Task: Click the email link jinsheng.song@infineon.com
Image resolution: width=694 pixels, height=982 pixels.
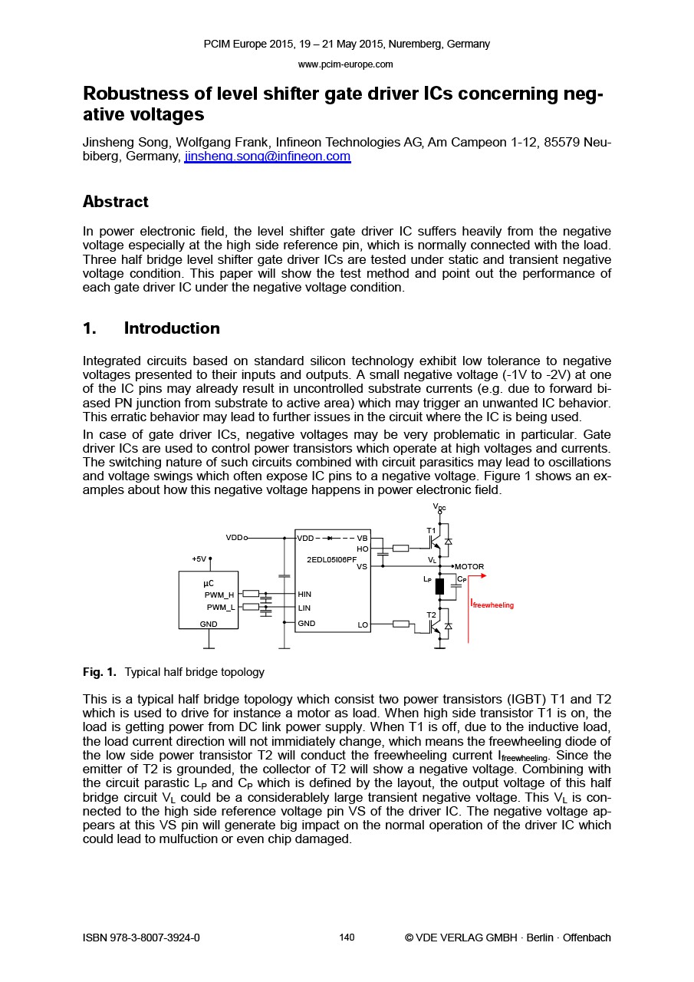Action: pos(267,157)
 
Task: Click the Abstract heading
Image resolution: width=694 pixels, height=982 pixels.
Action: pos(115,202)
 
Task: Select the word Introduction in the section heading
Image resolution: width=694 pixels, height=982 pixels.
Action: pos(172,328)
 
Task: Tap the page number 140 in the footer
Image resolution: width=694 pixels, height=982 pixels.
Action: pos(347,938)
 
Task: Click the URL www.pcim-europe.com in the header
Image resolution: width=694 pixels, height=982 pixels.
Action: pos(345,64)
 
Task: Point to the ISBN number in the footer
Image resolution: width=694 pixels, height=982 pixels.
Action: pos(141,938)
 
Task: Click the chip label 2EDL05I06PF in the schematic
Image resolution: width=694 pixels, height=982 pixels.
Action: pos(331,560)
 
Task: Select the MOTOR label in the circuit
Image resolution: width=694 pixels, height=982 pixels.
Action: pos(469,567)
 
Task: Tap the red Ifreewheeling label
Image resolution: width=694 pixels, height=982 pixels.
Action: pos(492,605)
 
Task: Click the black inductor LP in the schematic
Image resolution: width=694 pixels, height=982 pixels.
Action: pos(439,587)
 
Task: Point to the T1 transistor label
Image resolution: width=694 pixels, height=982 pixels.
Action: pos(431,531)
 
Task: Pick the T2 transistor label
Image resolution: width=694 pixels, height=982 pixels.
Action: pos(431,615)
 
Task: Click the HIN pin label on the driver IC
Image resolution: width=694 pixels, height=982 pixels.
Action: pos(304,595)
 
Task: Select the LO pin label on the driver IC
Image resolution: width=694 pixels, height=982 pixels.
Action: pos(363,625)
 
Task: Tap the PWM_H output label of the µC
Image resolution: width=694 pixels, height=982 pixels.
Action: pos(219,595)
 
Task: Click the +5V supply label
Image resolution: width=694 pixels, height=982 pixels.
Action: pos(199,559)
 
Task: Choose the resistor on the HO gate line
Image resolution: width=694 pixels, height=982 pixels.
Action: pos(400,548)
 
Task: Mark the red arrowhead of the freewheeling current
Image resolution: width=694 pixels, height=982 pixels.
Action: pos(482,575)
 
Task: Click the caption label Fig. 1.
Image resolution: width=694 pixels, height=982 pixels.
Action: pos(99,672)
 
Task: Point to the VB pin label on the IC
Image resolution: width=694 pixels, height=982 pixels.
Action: pos(362,539)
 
